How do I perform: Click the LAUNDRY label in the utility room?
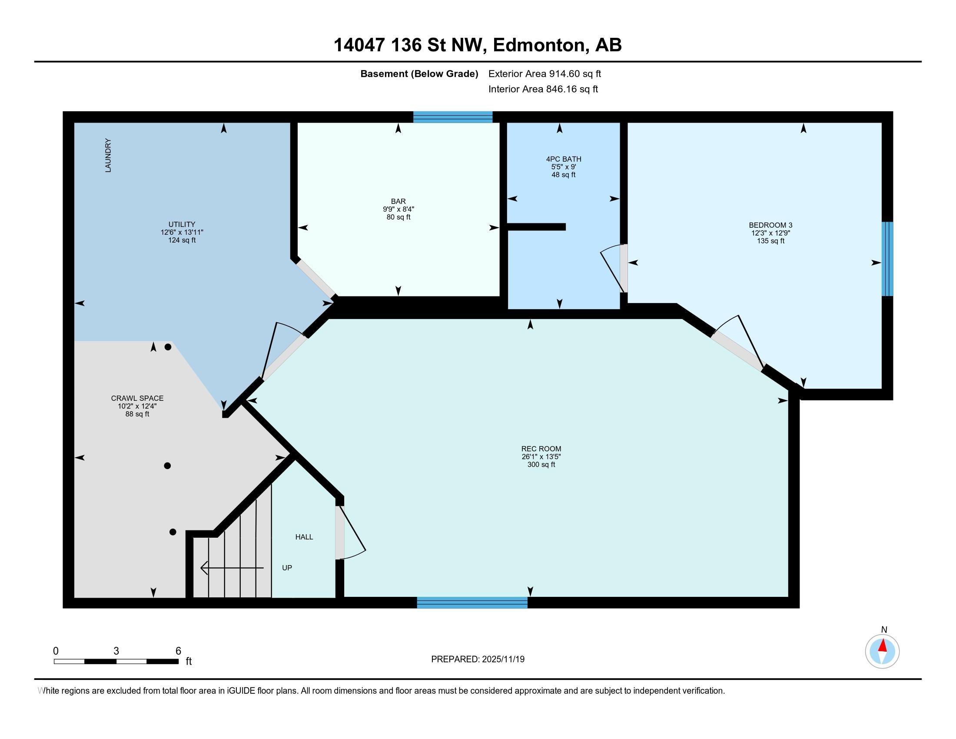108,156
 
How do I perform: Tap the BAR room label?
398,201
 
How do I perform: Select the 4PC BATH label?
563,159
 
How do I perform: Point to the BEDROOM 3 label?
770,226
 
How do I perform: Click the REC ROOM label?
541,449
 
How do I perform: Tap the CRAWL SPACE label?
137,398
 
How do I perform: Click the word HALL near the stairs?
304,537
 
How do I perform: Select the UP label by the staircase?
287,568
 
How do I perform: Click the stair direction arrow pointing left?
232,568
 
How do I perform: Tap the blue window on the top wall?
453,117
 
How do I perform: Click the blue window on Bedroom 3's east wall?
887,259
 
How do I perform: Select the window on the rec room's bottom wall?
472,603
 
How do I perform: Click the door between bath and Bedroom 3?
623,268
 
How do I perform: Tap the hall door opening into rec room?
340,533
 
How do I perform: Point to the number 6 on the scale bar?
178,651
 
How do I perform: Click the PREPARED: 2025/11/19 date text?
478,659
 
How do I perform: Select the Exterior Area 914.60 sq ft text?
544,74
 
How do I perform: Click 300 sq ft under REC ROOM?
541,465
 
